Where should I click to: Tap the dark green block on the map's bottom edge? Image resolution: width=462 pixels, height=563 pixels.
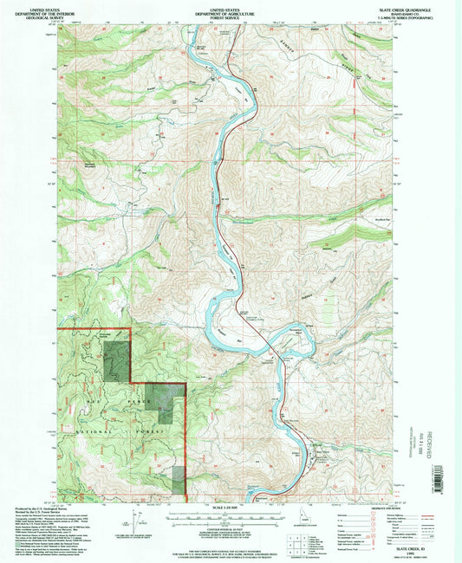(179, 482)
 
